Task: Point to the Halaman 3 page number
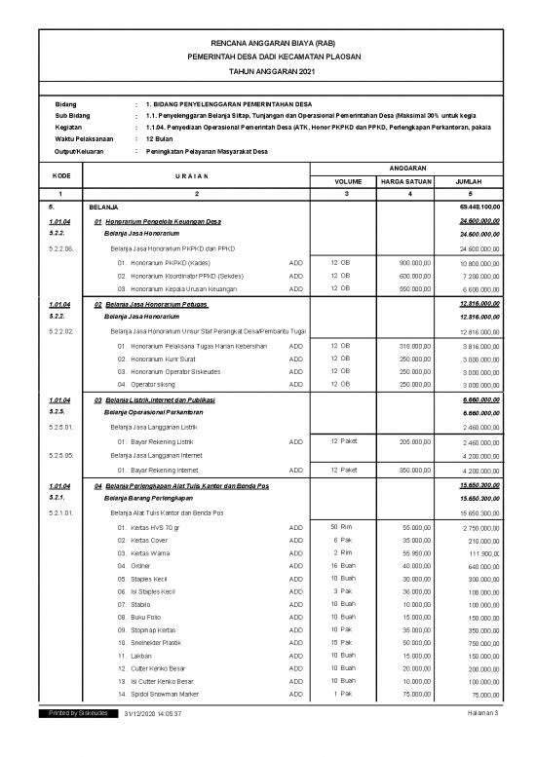click(481, 741)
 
